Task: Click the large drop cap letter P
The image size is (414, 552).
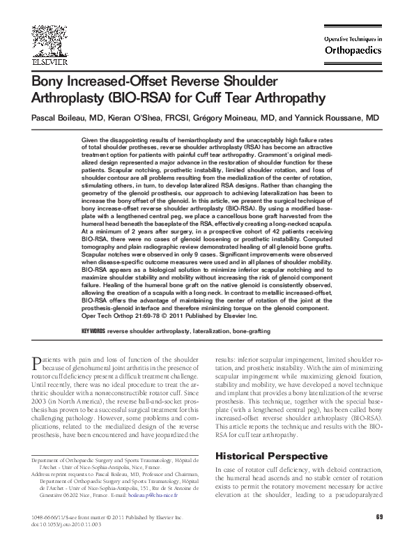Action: (x=38, y=362)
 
